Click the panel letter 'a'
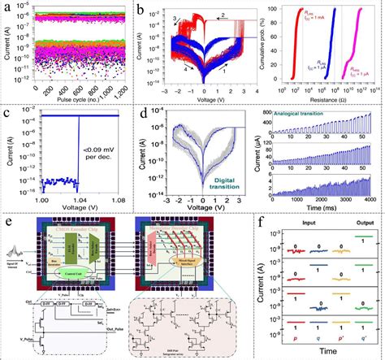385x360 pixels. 6,8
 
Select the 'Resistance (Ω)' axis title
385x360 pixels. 328,102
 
